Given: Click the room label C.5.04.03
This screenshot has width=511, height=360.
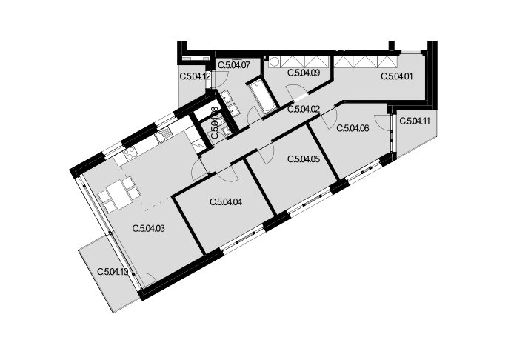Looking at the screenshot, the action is click(x=149, y=228).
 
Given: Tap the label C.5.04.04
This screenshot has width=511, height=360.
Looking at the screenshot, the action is click(x=226, y=202).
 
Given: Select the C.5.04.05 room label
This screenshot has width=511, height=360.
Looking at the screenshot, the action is click(x=304, y=159).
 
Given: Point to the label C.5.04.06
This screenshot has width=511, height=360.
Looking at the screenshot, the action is click(x=353, y=128).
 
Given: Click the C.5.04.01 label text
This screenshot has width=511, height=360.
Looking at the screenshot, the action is click(x=397, y=76).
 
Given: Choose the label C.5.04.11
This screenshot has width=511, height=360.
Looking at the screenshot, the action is click(x=415, y=121).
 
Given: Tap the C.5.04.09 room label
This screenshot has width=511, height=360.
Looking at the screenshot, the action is click(x=304, y=73).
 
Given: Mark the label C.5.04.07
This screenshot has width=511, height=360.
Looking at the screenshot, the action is click(x=234, y=65).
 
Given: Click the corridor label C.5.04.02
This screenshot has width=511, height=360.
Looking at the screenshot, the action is click(x=304, y=109).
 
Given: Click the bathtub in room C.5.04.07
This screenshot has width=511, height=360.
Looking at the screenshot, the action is click(x=262, y=96).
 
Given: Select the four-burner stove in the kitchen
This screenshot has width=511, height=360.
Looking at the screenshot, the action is click(x=130, y=153).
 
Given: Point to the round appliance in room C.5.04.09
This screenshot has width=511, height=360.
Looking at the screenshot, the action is click(x=273, y=61).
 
